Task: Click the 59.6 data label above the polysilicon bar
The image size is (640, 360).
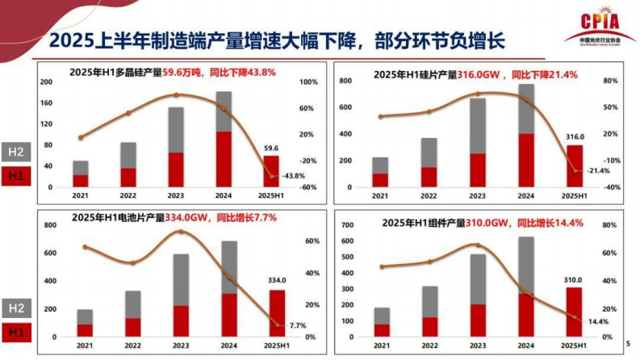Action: tap(271, 149)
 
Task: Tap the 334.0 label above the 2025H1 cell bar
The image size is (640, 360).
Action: tap(277, 281)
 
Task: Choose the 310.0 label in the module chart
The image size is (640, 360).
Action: tap(573, 280)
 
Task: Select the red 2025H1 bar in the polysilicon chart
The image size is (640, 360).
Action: tap(271, 171)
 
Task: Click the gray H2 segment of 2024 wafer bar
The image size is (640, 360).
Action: tap(526, 109)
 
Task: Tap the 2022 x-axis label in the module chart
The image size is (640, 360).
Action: tap(429, 345)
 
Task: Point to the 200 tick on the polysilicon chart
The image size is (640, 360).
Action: tap(46, 82)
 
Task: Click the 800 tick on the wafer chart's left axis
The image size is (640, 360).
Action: tap(345, 82)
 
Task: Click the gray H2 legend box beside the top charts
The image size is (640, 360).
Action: tap(16, 153)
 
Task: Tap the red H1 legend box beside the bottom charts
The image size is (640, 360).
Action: tap(16, 330)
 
